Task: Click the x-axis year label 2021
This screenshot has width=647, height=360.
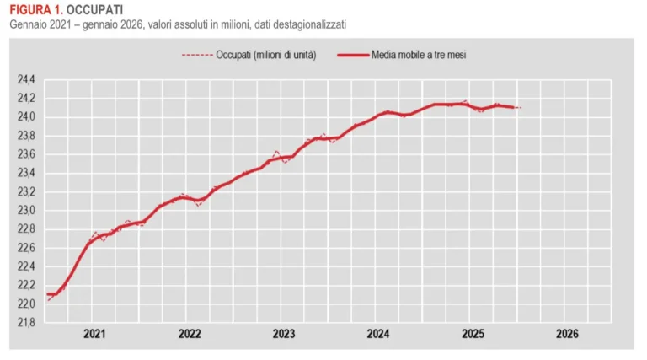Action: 94,334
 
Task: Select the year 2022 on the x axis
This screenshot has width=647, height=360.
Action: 190,334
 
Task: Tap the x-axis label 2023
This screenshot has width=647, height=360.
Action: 284,334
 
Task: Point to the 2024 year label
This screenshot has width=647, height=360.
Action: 378,334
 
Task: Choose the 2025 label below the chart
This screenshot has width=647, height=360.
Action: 473,334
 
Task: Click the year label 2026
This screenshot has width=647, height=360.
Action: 567,334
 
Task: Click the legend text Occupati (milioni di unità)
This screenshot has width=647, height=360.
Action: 265,56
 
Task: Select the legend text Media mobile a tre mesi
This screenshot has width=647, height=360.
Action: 420,56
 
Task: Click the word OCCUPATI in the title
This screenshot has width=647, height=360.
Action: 94,9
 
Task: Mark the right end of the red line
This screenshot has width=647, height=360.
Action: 520,108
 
